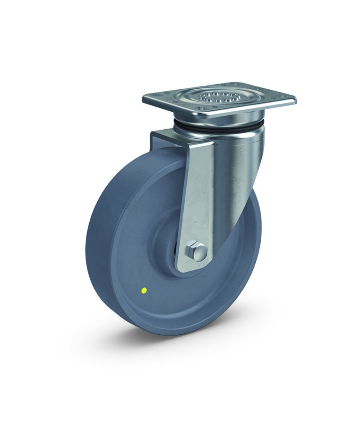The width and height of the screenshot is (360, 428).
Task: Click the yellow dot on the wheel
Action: (144, 289)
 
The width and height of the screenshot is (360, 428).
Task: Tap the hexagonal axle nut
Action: (192, 250)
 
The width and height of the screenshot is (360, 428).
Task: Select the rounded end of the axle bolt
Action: (202, 251)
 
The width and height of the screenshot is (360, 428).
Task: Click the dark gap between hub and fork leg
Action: (177, 252)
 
